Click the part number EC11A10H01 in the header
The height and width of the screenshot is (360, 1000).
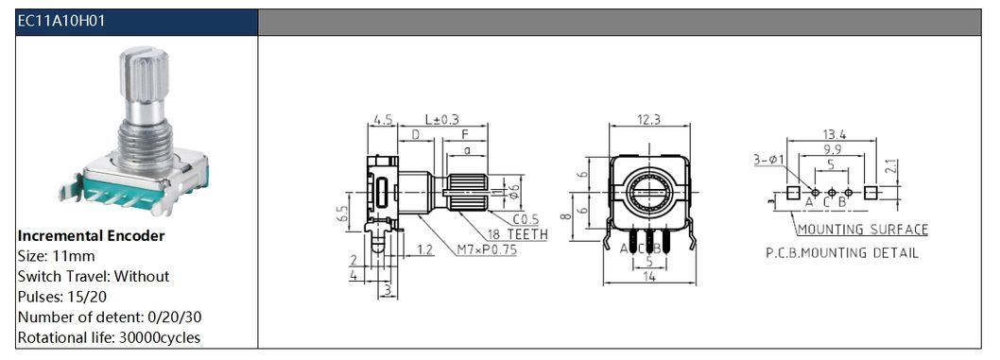coord(61,21)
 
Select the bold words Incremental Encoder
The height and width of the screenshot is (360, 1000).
coord(91,236)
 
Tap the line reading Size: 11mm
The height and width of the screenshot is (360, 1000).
coord(56,256)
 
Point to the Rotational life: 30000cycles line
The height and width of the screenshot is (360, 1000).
coord(109,337)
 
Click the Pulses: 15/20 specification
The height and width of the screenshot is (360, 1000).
coord(62,297)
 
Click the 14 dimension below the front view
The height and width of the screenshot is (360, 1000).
coord(650,276)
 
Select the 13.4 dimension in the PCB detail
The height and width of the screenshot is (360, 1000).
coord(834,134)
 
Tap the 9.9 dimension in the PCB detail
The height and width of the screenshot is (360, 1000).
coord(831,149)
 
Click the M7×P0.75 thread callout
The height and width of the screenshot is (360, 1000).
coord(486,249)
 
